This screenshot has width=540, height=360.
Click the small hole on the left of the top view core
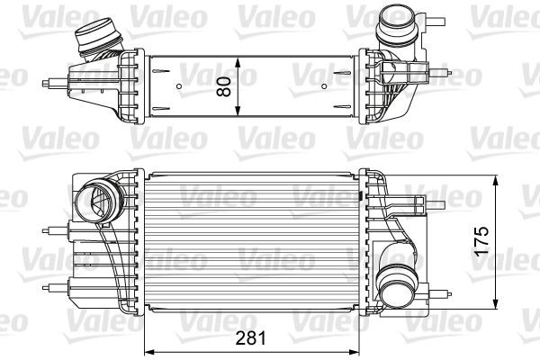[179, 87]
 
